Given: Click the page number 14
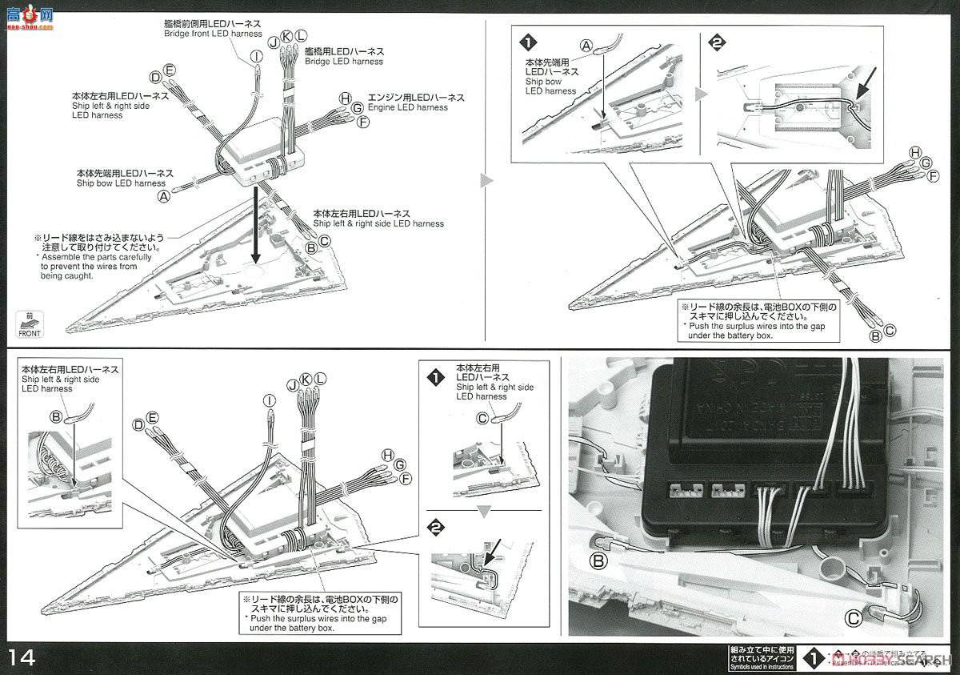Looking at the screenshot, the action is (22, 657).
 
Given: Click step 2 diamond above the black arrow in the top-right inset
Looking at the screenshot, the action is (717, 43).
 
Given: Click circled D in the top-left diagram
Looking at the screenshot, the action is (155, 77).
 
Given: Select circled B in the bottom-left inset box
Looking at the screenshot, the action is (56, 416).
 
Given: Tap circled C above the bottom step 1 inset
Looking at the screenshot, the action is (482, 416).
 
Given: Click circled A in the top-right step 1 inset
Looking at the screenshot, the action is (586, 46).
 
